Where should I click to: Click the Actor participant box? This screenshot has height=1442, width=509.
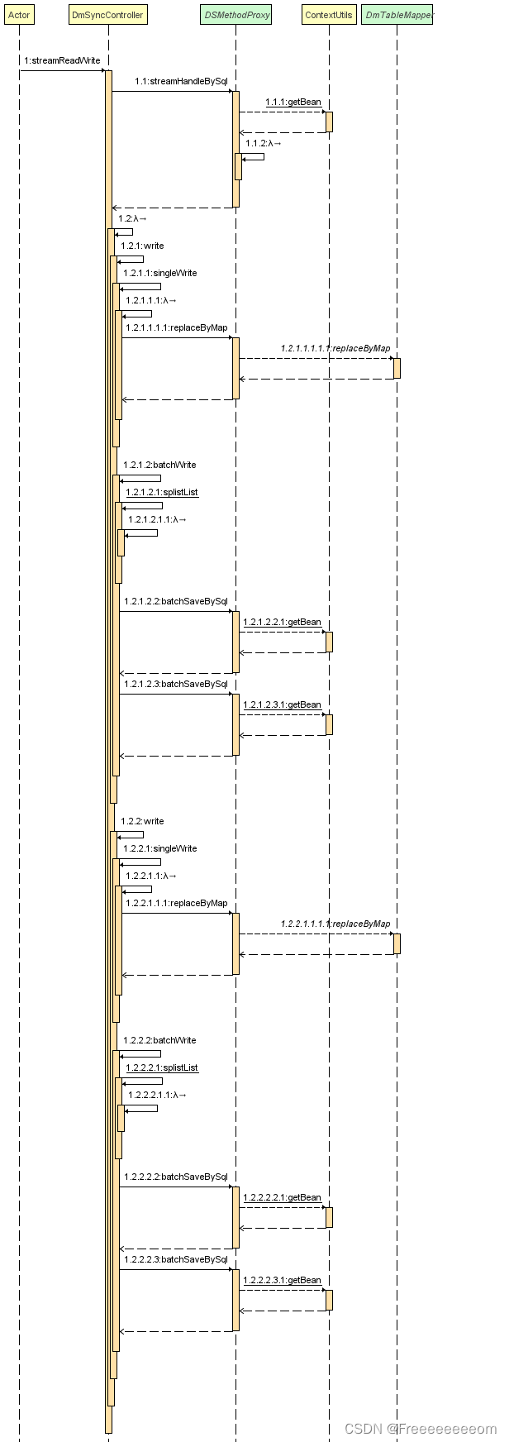19,15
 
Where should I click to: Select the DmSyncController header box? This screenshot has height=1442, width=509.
107,15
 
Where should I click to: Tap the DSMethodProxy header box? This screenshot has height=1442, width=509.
235,15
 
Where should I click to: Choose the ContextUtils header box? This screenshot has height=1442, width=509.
328,15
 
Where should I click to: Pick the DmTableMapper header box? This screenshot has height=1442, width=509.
397,15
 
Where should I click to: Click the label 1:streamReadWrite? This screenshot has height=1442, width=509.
62,60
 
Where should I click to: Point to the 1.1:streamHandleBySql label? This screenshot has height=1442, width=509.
181,81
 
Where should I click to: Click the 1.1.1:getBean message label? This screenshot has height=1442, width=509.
293,102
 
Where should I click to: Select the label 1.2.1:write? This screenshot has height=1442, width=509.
142,246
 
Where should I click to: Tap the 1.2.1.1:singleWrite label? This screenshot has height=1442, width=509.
160,273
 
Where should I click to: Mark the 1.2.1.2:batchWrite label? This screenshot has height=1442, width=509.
159,465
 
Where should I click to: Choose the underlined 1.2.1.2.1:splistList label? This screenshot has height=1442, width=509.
162,492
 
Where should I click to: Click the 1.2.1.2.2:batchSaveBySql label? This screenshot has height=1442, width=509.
175,601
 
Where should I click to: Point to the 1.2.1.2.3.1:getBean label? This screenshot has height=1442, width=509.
282,704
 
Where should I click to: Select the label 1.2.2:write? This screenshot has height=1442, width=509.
142,821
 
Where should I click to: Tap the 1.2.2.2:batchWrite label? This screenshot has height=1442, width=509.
159,1040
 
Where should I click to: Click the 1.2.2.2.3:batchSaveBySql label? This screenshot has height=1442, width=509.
175,1259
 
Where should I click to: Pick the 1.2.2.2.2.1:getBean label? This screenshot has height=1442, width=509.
282,1197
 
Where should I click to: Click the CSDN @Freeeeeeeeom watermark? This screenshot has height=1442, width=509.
420,1429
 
